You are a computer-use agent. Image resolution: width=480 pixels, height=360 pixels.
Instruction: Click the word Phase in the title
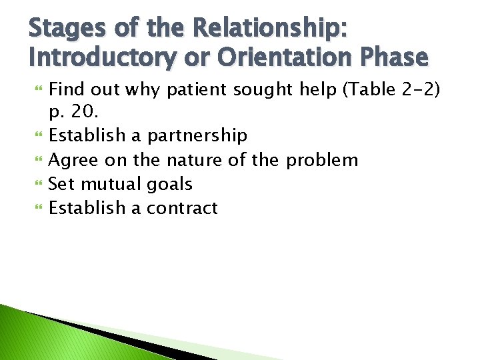(393, 58)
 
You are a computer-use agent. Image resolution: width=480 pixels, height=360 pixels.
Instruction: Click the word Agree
(73, 159)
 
